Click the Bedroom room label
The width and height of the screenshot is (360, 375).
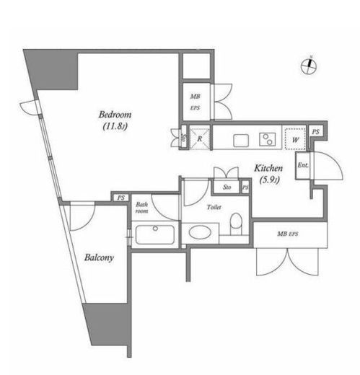[x=115, y=115]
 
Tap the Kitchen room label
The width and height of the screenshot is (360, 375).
[x=268, y=168]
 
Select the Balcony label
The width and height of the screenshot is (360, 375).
[x=99, y=257]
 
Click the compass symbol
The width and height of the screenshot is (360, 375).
[x=309, y=66]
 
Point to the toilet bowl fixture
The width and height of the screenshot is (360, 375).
[x=236, y=224]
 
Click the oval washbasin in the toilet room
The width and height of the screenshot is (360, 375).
[x=200, y=232]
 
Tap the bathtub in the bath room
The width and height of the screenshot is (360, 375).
[x=155, y=234]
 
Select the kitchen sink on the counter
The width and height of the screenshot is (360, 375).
[x=241, y=140]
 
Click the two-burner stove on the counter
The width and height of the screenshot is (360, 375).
[x=268, y=139]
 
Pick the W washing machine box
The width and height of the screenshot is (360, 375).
[x=295, y=139]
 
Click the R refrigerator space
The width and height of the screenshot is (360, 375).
[x=199, y=138]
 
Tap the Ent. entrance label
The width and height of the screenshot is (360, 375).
[x=303, y=165]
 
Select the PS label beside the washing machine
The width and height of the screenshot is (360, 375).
[x=316, y=132]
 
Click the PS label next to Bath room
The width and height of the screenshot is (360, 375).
[x=121, y=198]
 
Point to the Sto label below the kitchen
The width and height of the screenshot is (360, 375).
[x=227, y=187]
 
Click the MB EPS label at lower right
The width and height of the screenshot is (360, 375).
[x=288, y=234]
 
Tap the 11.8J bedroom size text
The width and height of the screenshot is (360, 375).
[x=115, y=126]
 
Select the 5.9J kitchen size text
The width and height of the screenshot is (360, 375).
[x=270, y=180]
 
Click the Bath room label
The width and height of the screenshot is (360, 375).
[x=142, y=208]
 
